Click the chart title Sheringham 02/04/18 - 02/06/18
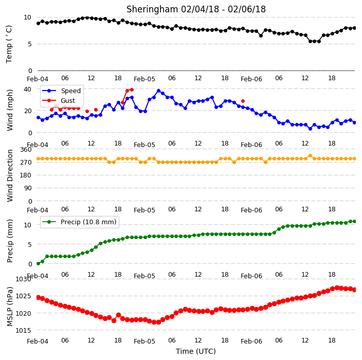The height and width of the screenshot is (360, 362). tap(196, 9)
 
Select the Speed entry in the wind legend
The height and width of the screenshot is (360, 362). tap(61, 91)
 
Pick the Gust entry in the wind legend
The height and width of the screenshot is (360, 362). tap(59, 100)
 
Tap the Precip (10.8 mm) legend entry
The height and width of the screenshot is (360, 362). tap(79, 222)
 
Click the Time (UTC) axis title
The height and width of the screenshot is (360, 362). tap(196, 351)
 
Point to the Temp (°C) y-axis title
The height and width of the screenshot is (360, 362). tap(9, 44)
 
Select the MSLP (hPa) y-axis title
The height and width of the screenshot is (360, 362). tap(9, 307)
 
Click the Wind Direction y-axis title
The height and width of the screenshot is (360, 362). tap(10, 176)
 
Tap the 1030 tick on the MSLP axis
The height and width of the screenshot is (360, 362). tap(23, 279)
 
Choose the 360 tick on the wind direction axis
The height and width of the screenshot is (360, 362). tap(26, 150)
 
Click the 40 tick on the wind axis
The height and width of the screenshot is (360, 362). tap(27, 89)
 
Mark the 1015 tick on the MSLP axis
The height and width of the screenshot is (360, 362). tap(23, 331)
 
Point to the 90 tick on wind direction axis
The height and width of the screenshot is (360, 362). tap(28, 188)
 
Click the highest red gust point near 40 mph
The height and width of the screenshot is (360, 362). tap(132, 89)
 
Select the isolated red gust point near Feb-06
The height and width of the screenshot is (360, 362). tap(243, 101)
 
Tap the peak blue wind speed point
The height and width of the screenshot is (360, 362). tap(158, 91)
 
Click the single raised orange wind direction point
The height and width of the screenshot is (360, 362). tap(310, 156)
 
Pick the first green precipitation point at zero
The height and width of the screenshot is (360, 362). tap(39, 263)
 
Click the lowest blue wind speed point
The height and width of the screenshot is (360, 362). tap(310, 129)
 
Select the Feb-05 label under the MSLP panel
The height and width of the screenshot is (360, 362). tap(144, 341)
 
